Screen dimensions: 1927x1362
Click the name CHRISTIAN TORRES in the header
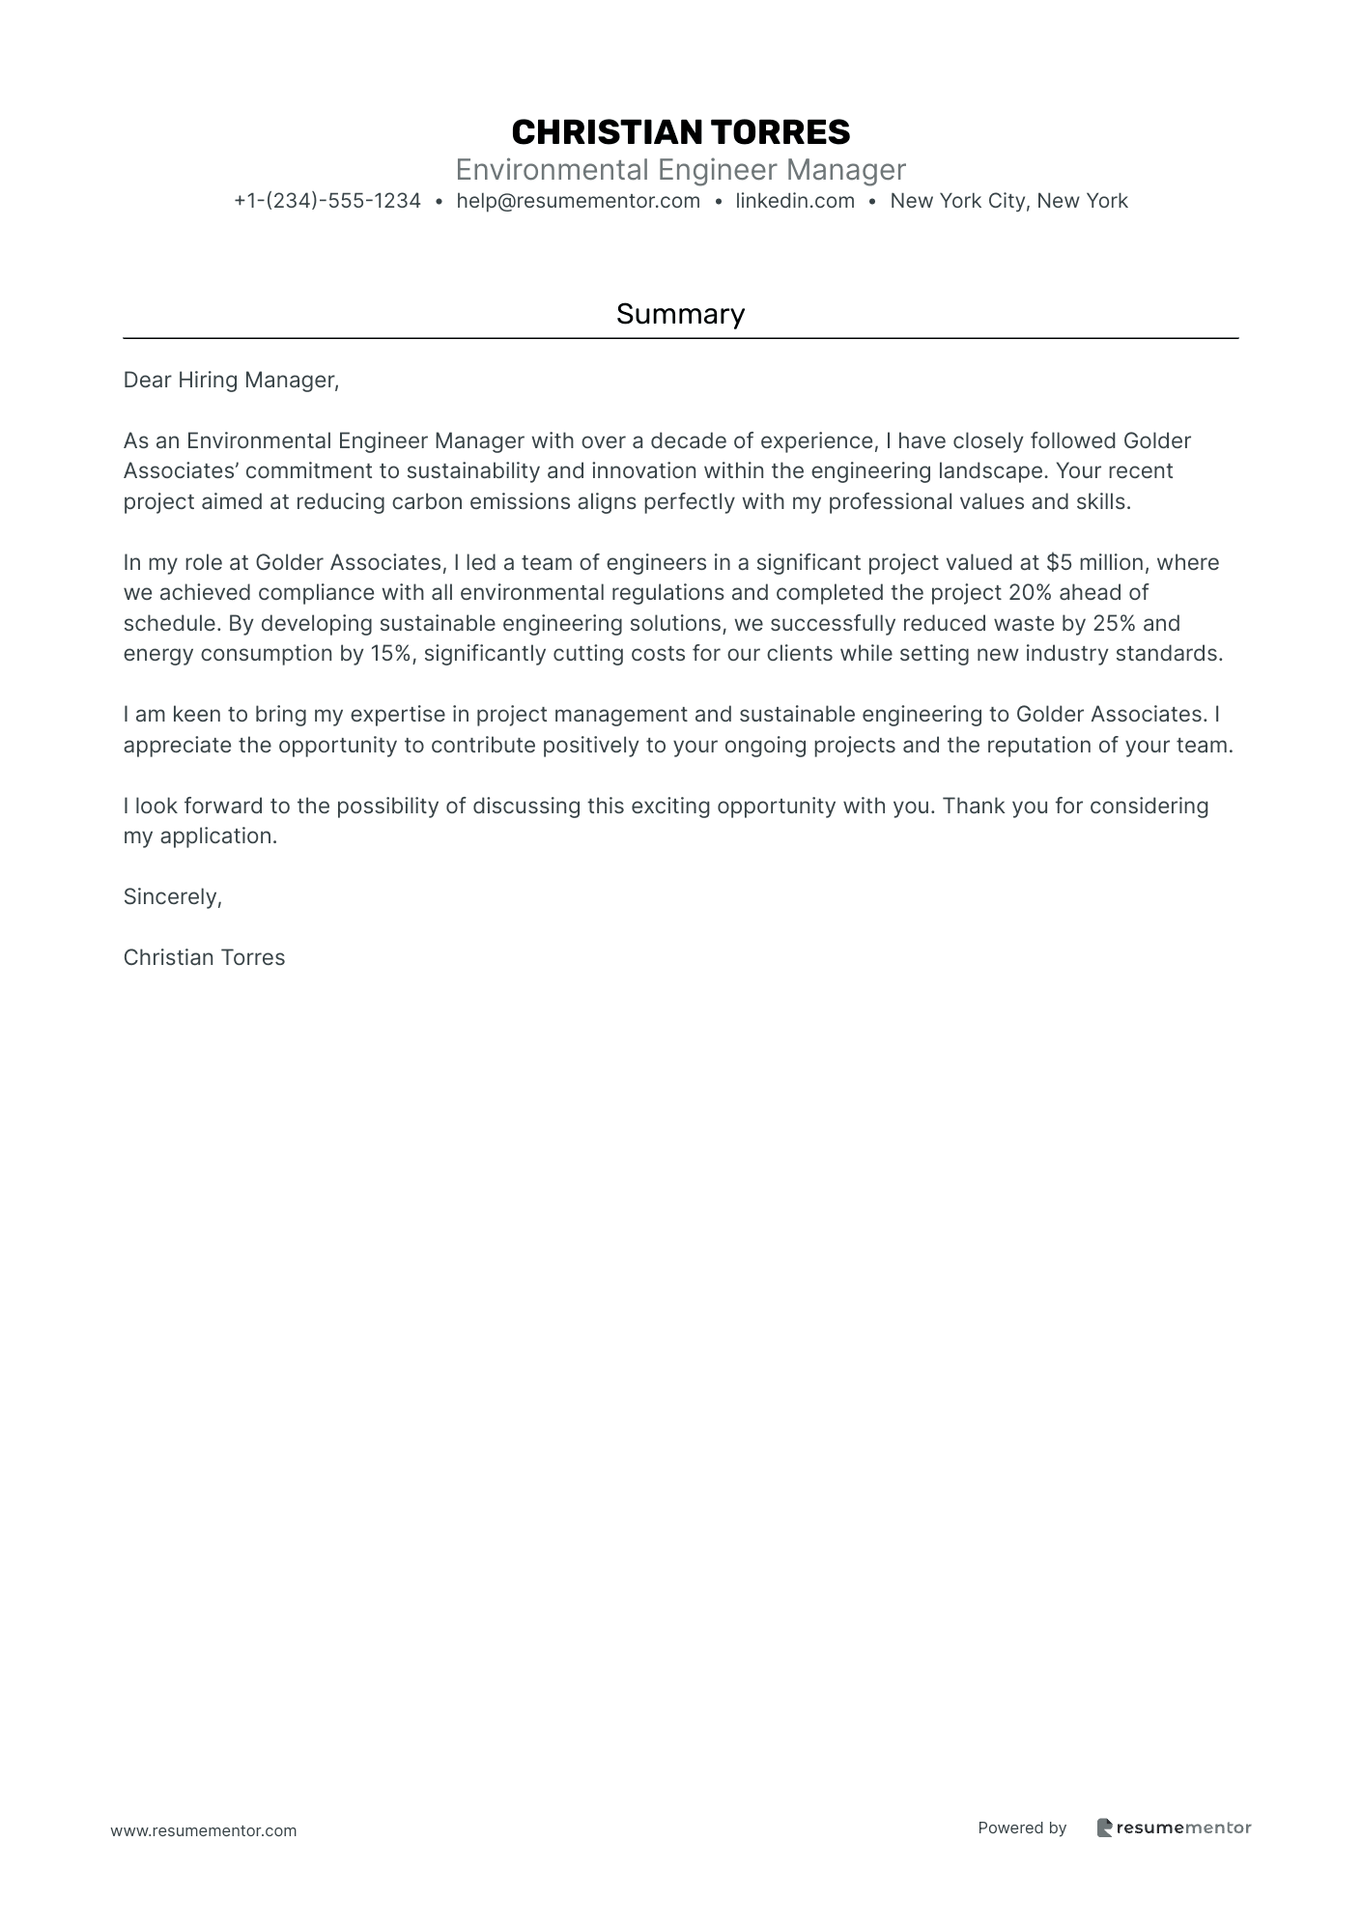point(680,132)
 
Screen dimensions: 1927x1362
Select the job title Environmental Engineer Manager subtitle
point(680,170)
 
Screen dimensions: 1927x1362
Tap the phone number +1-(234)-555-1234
point(327,201)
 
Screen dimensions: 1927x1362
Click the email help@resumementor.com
point(578,201)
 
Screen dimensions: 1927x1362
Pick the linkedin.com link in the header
point(795,201)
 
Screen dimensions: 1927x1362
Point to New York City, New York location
point(1008,201)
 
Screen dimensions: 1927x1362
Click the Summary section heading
point(680,314)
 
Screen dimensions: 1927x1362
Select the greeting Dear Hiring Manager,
point(231,381)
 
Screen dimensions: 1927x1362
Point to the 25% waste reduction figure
point(1113,624)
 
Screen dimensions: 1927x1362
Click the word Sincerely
point(171,897)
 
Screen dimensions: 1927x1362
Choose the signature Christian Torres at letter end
point(204,958)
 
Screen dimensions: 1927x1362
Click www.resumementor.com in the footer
point(203,1830)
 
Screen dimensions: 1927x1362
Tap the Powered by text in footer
point(1021,1828)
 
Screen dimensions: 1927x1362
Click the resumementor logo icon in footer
point(1104,1828)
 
